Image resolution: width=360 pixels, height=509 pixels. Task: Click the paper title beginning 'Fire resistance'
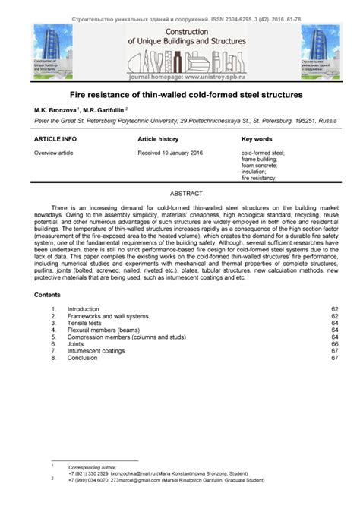pos(180,96)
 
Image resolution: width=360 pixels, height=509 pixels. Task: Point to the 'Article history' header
pos(158,140)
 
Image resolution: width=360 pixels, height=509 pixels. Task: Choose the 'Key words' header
pos(257,140)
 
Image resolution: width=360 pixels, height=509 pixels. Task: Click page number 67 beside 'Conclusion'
pos(334,358)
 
